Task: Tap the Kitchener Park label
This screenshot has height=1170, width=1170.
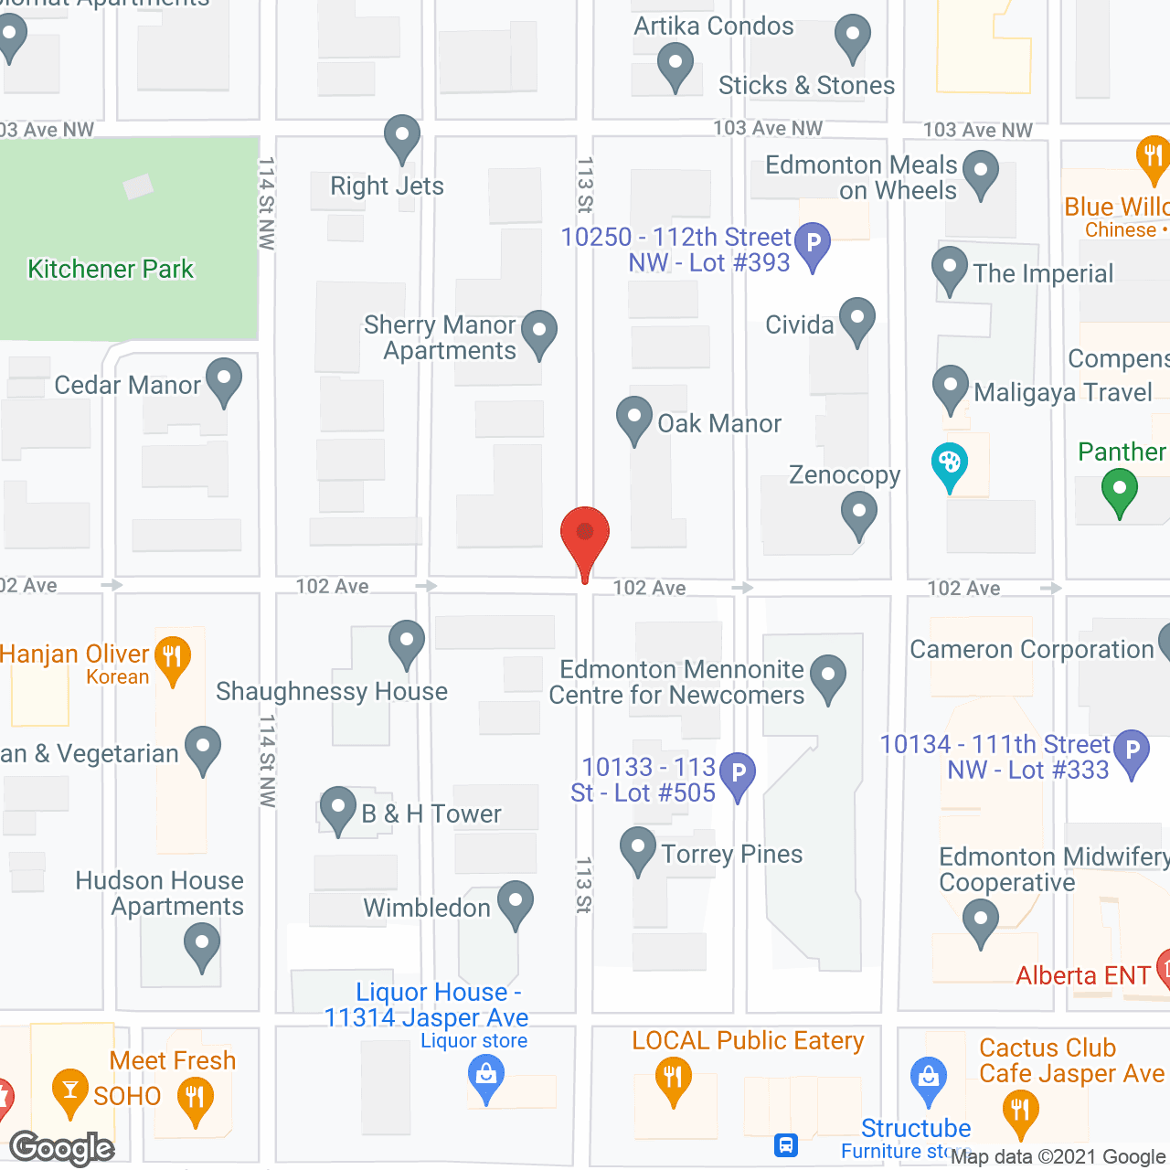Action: coord(111,269)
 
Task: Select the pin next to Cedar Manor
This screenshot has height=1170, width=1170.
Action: coord(224,379)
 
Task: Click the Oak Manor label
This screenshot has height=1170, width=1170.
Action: coord(719,424)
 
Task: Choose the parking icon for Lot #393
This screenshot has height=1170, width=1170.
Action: coord(813,244)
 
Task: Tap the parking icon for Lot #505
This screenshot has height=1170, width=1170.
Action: coord(738,773)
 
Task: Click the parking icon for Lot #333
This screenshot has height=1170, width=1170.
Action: coord(1132,750)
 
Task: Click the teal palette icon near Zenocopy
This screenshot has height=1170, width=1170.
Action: coord(950,463)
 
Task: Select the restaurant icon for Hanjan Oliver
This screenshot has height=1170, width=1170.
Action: coord(173,657)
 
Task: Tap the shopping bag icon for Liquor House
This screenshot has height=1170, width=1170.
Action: coord(486,1075)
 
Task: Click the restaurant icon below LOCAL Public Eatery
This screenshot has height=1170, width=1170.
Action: coord(674,1078)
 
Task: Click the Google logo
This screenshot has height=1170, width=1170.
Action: coord(62,1148)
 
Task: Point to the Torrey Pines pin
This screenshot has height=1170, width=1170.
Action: coord(638,848)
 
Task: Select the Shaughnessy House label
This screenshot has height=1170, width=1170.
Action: coord(332,692)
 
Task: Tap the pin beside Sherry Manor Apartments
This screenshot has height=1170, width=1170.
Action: coord(539,331)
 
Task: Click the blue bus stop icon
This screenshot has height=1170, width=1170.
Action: coord(786,1144)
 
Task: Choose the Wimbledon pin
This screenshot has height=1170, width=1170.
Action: coord(516,901)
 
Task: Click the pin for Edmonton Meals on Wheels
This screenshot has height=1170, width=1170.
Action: coord(981,172)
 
